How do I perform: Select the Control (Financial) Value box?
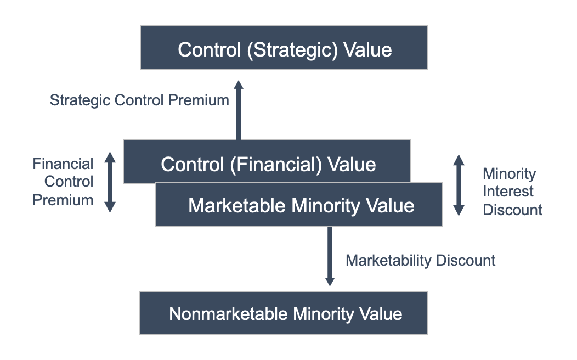267,161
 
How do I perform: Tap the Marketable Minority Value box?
299,205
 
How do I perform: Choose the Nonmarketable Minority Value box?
284,314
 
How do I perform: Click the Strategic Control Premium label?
139,100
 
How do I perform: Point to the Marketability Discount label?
420,260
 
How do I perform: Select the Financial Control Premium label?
63,182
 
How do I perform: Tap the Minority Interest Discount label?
512,192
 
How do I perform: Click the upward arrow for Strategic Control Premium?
238,110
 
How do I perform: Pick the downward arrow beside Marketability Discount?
330,256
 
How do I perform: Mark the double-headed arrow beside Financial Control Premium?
110,182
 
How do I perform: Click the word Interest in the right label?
508,192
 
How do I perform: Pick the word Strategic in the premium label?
80,100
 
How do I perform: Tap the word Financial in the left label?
63,164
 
